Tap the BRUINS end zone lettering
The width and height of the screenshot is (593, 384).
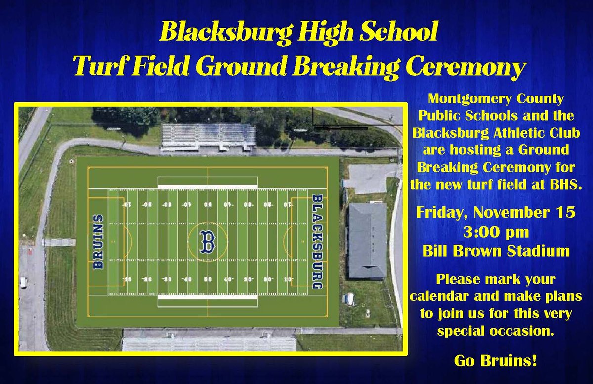[99, 242]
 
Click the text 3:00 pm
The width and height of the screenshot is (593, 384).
[496, 233]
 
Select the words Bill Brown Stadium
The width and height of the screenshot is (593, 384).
[496, 251]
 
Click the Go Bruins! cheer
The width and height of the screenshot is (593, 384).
[496, 361]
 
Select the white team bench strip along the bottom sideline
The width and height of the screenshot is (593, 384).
[208, 301]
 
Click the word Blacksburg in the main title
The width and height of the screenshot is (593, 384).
[222, 33]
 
